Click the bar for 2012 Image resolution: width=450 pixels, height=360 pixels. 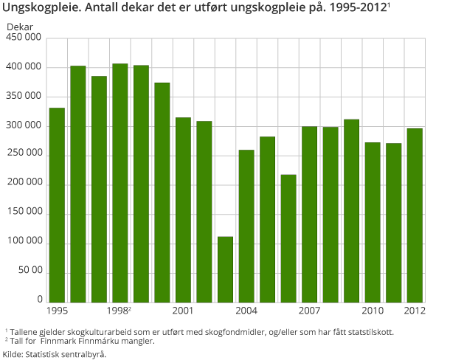pos(415,215)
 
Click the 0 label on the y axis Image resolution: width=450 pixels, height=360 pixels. pos(39,300)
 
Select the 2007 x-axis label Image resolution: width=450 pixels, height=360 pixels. pos(310,310)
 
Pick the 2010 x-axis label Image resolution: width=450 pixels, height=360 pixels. pos(373,310)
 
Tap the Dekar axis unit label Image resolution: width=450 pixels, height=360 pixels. pos(20,26)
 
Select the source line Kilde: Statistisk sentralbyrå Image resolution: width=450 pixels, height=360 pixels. pos(55,354)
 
